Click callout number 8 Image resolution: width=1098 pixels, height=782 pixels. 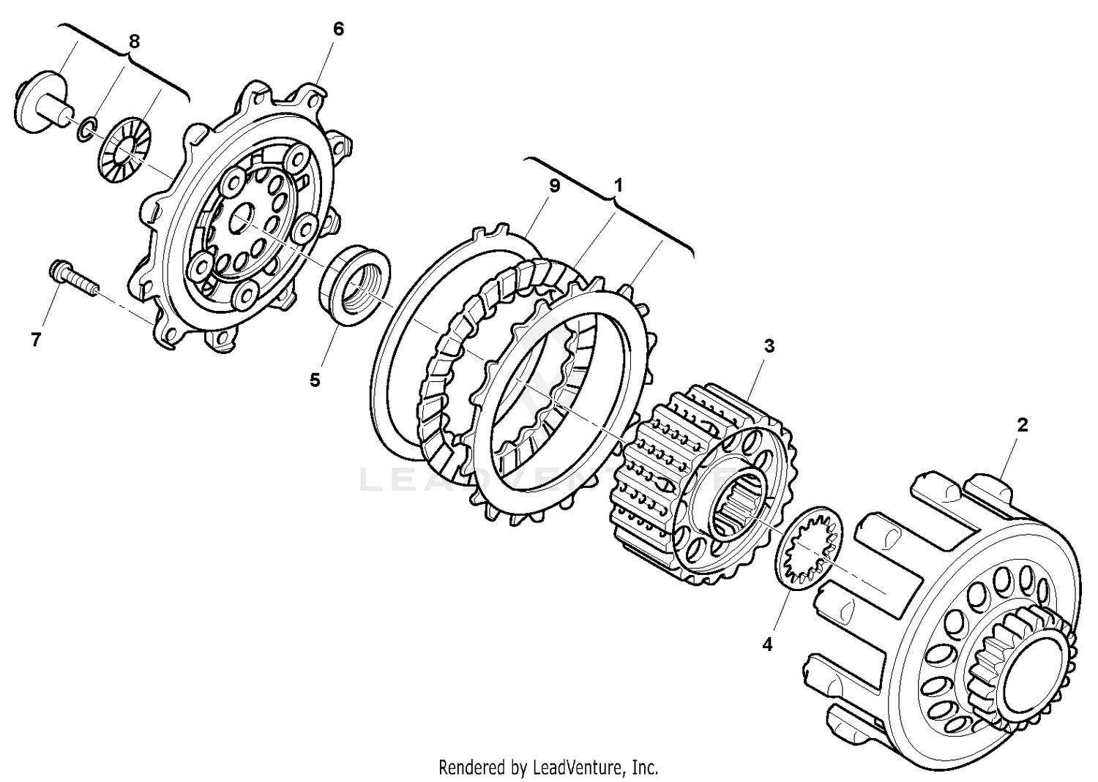pos(133,42)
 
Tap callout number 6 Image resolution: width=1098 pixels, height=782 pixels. pos(337,29)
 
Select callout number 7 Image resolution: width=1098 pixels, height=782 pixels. pos(37,339)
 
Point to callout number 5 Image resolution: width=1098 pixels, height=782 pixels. pos(315,380)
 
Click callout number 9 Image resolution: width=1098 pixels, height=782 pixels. pos(554,187)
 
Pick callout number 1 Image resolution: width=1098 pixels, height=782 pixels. pos(619,187)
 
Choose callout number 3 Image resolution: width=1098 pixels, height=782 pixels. pos(769,346)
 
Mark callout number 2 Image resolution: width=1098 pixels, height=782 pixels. pos(1023,425)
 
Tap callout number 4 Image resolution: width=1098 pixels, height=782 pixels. pos(767,644)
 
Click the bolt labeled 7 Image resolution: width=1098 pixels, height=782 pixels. pos(73,279)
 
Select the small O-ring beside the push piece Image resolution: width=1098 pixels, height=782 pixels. pos(86,130)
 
